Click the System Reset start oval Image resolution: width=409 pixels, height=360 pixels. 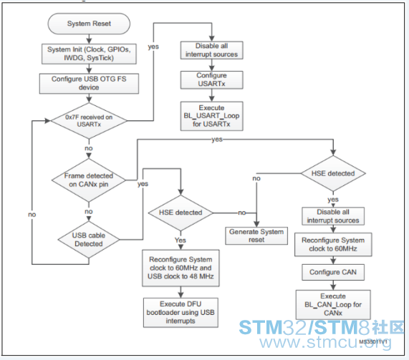click(89, 24)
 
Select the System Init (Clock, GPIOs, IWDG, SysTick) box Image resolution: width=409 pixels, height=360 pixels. click(89, 54)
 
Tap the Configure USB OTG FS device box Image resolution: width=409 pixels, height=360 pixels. click(89, 84)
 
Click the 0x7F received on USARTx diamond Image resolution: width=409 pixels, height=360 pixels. click(89, 121)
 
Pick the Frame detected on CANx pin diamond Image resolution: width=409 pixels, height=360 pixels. click(89, 180)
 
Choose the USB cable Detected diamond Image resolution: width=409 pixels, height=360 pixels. click(89, 240)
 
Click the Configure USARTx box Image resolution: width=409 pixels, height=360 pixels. click(212, 79)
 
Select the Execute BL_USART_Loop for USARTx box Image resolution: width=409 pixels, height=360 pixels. click(212, 116)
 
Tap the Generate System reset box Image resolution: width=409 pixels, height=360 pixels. click(256, 235)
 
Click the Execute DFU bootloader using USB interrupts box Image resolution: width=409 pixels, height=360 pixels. click(181, 313)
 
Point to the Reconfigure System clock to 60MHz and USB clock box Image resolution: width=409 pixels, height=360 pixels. click(181, 268)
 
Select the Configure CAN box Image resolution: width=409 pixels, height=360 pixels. click(333, 273)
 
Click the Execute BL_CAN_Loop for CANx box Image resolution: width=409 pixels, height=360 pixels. click(333, 305)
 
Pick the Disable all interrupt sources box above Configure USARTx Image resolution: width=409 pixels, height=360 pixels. click(212, 50)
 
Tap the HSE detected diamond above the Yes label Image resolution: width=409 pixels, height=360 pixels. click(181, 213)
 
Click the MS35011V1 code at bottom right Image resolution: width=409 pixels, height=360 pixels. click(373, 342)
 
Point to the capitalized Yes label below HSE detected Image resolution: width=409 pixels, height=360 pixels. click(181, 240)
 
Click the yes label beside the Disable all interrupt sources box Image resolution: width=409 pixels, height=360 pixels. click(153, 47)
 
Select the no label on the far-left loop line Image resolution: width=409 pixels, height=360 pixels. click(32, 215)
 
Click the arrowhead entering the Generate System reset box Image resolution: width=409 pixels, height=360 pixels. click(256, 224)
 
